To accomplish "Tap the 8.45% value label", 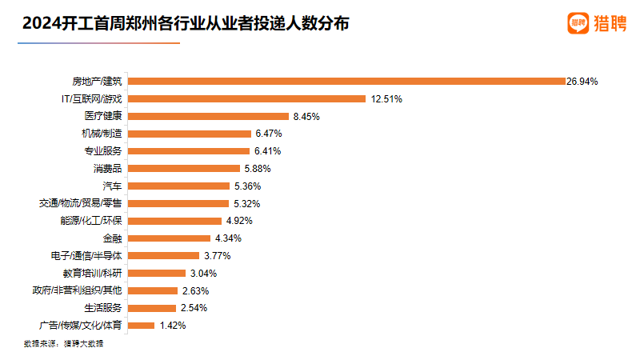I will click(306, 116).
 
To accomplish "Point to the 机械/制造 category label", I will click(102, 134).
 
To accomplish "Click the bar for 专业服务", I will click(189, 151).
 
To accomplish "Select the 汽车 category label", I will click(112, 186).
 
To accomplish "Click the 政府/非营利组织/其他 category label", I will click(77, 290).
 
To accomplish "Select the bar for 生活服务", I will click(152, 308).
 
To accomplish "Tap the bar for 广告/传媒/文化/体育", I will click(142, 326).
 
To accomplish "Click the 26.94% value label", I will click(582, 82).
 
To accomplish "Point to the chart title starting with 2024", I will click(186, 24).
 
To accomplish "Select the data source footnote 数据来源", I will click(64, 343).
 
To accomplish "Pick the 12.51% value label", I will click(386, 99).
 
